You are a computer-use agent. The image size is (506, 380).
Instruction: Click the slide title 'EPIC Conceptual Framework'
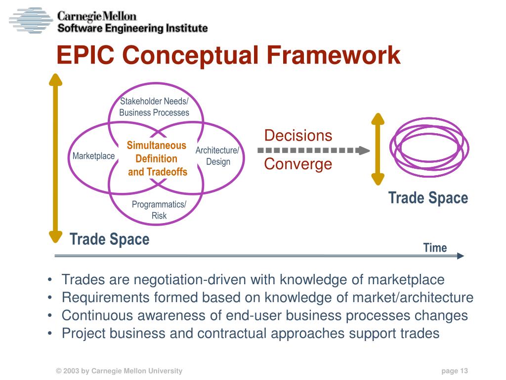[228, 55]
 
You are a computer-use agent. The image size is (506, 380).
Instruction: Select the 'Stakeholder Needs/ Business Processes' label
[154, 107]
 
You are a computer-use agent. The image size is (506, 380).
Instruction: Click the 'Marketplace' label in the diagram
[93, 156]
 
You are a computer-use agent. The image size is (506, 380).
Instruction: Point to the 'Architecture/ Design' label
[217, 156]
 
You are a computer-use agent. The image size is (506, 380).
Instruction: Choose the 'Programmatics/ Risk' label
[159, 210]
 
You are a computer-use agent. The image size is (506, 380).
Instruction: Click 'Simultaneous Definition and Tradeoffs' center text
[157, 158]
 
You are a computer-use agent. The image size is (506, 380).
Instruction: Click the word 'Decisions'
[298, 135]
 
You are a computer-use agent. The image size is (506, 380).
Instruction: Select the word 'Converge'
[298, 164]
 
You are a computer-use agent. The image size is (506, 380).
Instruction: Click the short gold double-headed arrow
[378, 149]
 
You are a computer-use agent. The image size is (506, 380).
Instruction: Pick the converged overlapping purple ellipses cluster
[429, 147]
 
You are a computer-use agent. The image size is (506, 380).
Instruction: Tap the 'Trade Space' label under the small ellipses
[428, 198]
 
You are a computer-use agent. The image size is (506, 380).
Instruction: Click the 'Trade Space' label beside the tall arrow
[109, 240]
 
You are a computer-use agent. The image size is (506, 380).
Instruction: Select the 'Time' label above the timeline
[435, 248]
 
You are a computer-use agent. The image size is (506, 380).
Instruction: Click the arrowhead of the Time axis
[461, 256]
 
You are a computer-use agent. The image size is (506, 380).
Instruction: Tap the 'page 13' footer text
[455, 371]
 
